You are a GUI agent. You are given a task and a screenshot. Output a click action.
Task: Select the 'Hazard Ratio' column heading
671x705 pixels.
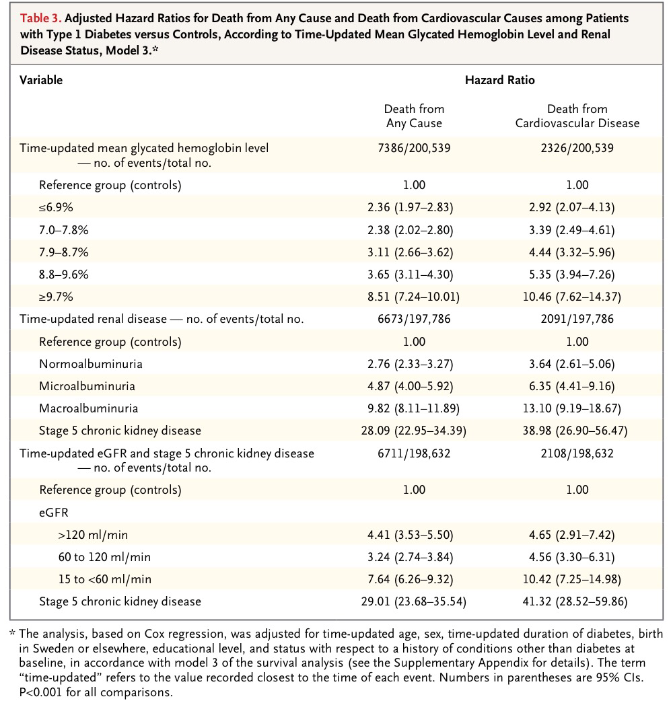click(499, 80)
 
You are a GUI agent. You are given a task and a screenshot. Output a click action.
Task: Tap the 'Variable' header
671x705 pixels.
click(41, 80)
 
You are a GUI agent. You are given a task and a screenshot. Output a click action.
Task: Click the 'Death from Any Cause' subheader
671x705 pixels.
click(414, 116)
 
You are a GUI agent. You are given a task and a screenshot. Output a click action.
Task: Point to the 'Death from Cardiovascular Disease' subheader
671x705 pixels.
click(577, 116)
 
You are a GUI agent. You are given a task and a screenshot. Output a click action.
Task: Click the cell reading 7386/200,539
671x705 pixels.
click(414, 147)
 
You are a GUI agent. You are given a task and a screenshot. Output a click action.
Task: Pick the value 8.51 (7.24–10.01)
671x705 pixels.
click(414, 297)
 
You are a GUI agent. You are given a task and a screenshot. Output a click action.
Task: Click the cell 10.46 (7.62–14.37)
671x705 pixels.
click(577, 297)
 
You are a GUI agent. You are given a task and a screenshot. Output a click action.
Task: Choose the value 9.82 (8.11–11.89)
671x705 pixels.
click(414, 408)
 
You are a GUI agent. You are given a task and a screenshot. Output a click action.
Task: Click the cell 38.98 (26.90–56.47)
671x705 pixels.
click(577, 430)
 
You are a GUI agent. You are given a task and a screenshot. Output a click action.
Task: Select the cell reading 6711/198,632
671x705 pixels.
click(414, 453)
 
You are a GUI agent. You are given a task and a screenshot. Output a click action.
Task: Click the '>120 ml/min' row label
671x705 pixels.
click(94, 535)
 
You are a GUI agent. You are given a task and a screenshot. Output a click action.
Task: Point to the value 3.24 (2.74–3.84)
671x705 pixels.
click(414, 557)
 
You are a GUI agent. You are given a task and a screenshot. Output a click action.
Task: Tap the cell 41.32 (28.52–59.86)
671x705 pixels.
click(577, 601)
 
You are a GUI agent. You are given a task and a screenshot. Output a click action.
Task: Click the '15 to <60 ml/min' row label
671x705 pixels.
click(105, 579)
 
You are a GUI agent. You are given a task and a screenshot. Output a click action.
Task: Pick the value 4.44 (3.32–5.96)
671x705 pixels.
click(577, 252)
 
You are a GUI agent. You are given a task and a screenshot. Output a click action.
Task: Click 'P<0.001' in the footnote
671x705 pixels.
click(42, 691)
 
